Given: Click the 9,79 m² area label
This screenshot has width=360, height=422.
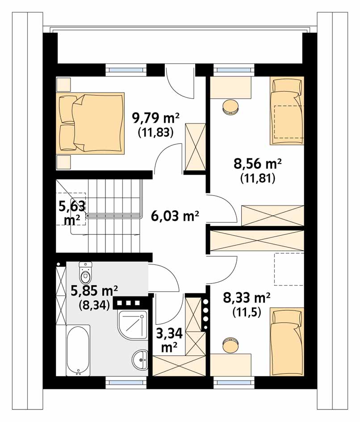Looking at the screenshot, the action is coord(155,118).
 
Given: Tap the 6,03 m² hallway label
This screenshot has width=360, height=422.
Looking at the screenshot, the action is coord(175,216).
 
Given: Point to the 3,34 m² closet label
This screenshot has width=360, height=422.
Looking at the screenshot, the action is coord(170,340).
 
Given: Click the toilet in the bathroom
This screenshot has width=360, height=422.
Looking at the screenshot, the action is coord(86,272).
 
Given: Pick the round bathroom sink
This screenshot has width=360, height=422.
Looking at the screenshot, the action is coord(140,360).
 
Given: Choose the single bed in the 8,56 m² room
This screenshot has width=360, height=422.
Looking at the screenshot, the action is coord(287,111).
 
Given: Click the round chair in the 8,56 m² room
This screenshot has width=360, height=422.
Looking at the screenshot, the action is coord(230,107).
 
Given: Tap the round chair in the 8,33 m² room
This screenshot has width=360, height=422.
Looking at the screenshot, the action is coord(230,346).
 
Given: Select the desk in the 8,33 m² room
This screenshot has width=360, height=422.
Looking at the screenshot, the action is coord(230,365).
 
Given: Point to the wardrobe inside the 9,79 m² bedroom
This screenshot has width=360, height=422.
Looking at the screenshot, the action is coord(195,147).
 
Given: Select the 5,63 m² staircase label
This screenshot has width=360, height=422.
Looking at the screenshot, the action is coord(72,213).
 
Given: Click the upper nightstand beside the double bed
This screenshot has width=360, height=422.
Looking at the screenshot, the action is coord(63,84).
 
